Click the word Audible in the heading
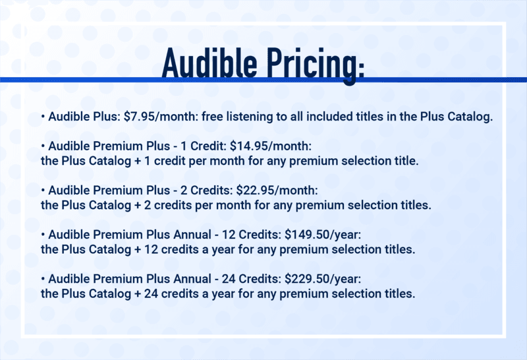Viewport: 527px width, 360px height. coord(209,63)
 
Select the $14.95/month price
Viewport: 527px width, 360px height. coord(271,146)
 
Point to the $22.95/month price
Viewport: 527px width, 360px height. coord(277,191)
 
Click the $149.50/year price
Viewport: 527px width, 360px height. coord(323,235)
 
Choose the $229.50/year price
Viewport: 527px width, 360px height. coord(323,279)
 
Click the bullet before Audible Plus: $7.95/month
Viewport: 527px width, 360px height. coord(43,117)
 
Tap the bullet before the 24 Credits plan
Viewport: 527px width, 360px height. coord(43,279)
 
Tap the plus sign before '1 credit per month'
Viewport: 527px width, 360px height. coord(138,161)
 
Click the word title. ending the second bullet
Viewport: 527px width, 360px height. coord(406,161)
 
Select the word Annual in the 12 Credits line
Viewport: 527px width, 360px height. coord(192,235)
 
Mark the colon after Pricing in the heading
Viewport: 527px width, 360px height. coord(361,69)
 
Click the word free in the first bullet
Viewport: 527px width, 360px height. coord(212,117)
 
